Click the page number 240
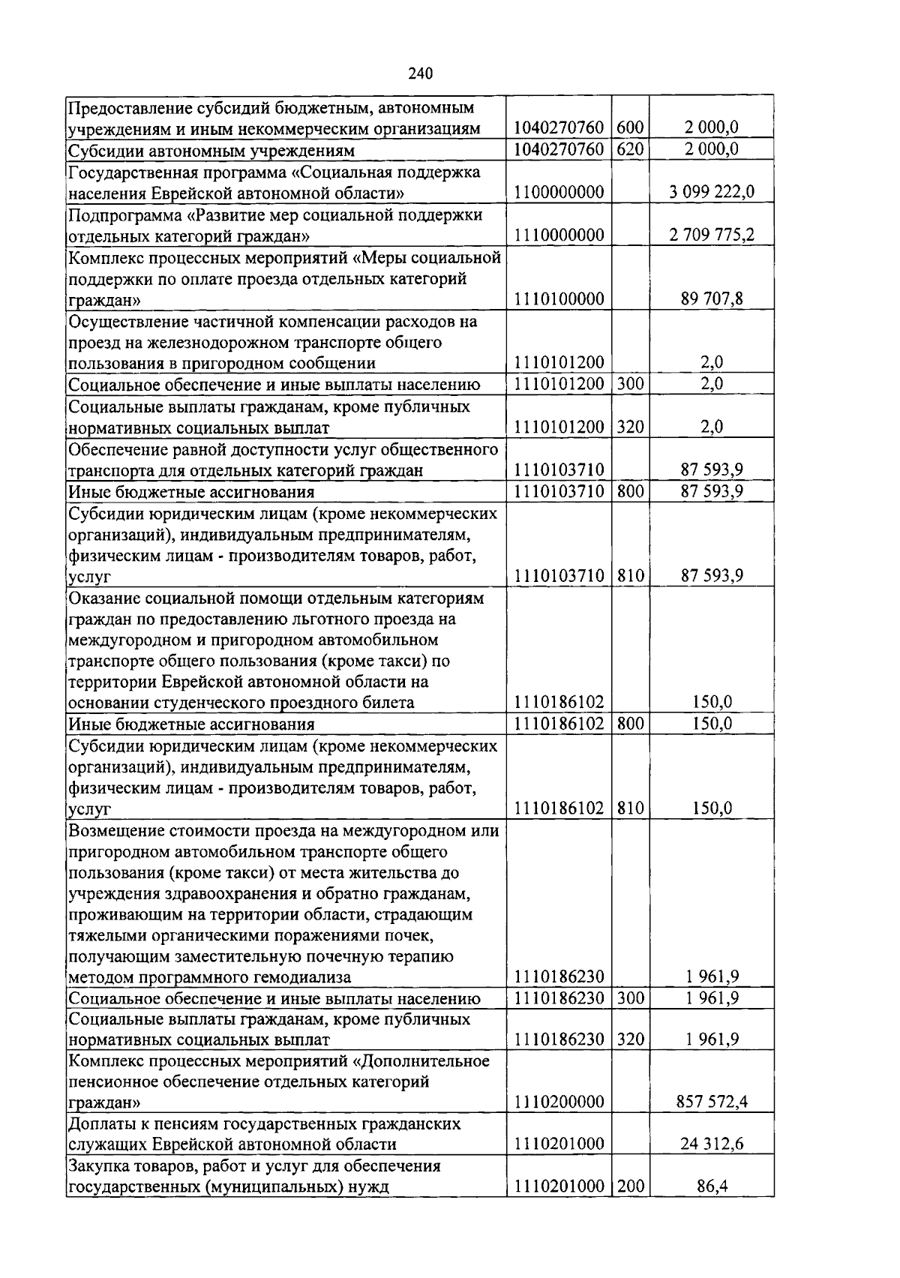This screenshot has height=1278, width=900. tap(421, 73)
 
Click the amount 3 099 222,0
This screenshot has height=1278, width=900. tap(711, 193)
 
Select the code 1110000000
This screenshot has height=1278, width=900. tap(559, 235)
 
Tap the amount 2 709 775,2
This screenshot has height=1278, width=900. tap(711, 235)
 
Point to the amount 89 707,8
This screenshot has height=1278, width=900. tap(711, 299)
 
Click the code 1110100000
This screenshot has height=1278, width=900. tap(559, 299)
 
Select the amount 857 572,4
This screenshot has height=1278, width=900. tap(711, 1102)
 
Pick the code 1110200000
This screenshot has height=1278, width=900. tap(559, 1102)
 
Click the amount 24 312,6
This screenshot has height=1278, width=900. tap(711, 1144)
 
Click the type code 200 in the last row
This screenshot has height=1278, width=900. tap(631, 1186)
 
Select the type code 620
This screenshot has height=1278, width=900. tap(631, 149)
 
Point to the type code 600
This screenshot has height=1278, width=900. tap(631, 128)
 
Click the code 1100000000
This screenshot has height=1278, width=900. tap(559, 193)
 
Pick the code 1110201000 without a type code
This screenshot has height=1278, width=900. tap(559, 1144)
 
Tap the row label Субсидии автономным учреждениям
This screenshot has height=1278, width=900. tap(211, 150)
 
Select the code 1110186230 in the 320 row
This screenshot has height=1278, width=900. tap(559, 1039)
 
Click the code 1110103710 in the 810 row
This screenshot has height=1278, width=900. tap(559, 576)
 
